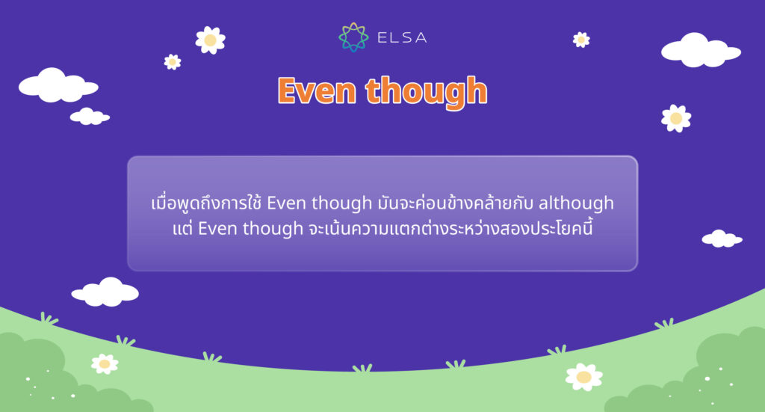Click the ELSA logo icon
pos(353,37)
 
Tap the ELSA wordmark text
pos(397,37)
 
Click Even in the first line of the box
pos(283,203)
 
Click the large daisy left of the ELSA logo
pos(210,40)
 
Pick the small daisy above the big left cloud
pos(173,61)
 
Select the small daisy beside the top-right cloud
pos(581,40)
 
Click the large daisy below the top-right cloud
pos(676,118)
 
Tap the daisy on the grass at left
pos(105,363)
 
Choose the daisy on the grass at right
pos(583,376)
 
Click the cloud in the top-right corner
pos(700,51)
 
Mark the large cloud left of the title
pos(58,85)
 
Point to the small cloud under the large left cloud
pos(90,117)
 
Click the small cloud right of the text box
pos(722,239)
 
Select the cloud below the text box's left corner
pos(105,292)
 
